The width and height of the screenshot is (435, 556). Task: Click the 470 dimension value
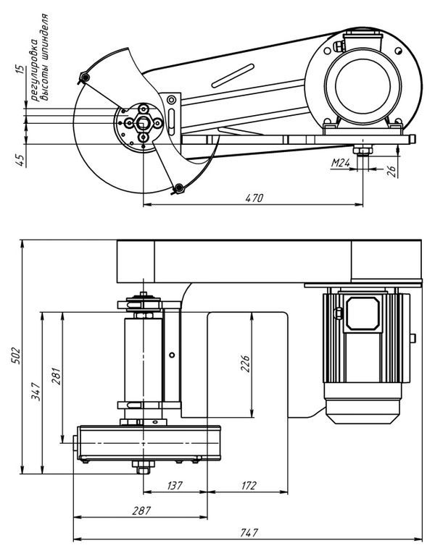pyautogui.click(x=254, y=198)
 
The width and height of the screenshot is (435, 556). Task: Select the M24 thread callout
pyautogui.click(x=341, y=163)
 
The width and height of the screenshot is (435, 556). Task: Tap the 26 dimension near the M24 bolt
pyautogui.click(x=391, y=172)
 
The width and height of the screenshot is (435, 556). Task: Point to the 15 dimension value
pyautogui.click(x=21, y=69)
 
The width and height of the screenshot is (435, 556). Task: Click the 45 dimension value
pyautogui.click(x=21, y=160)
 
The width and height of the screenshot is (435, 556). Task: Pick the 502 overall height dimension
pyautogui.click(x=17, y=355)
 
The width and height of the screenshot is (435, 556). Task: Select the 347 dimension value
pyautogui.click(x=36, y=392)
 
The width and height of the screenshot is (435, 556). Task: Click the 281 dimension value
pyautogui.click(x=57, y=376)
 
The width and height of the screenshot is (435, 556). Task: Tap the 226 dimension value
pyautogui.click(x=245, y=363)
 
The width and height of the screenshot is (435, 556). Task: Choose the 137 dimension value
pyautogui.click(x=175, y=486)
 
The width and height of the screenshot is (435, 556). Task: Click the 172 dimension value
pyautogui.click(x=248, y=486)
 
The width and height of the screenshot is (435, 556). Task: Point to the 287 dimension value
pyautogui.click(x=141, y=511)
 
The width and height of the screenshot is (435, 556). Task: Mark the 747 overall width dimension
pyautogui.click(x=249, y=533)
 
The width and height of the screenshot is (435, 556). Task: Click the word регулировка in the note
pyautogui.click(x=34, y=69)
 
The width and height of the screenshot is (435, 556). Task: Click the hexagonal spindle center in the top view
pyautogui.click(x=143, y=123)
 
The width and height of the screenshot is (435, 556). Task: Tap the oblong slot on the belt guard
pyautogui.click(x=233, y=76)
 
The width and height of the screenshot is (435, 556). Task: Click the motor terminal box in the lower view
pyautogui.click(x=362, y=313)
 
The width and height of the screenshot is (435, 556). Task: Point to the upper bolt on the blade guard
pyautogui.click(x=85, y=77)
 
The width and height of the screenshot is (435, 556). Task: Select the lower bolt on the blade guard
pyautogui.click(x=179, y=188)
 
